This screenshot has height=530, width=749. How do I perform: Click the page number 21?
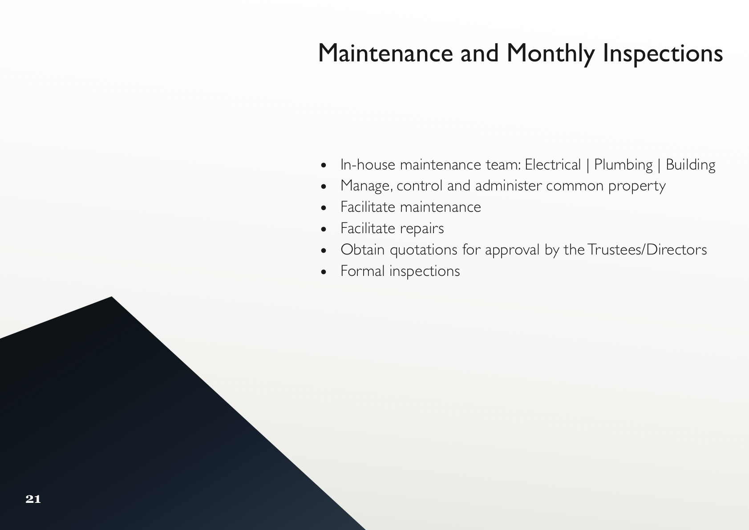click(33, 499)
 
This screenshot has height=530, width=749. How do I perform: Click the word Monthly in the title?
click(551, 54)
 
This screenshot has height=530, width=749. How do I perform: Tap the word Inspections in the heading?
click(663, 54)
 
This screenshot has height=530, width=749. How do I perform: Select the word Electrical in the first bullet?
click(553, 165)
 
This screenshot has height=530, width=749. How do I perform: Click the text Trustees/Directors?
click(647, 250)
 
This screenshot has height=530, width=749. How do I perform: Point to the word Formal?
click(362, 271)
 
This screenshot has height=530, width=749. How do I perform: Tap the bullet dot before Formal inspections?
click(324, 272)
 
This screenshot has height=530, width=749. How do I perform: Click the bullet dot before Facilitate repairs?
click(324, 230)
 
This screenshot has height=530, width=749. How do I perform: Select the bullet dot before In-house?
click(324, 165)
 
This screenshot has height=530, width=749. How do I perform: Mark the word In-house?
click(368, 165)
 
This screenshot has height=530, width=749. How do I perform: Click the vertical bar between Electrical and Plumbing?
click(588, 165)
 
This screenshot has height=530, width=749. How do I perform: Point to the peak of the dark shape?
click(112, 297)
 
